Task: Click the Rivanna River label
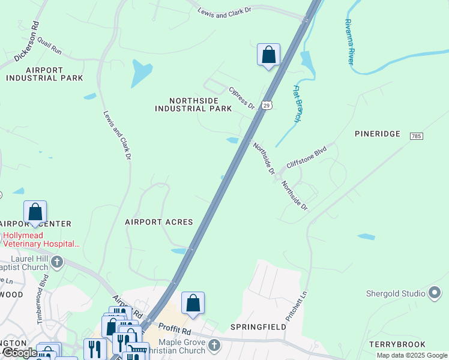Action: point(349,41)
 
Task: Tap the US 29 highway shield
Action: point(268,104)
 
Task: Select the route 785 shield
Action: point(417,137)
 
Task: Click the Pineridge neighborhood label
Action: point(377,134)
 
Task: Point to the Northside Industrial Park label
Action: point(193,105)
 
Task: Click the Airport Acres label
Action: point(159,222)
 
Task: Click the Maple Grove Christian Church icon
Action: point(215,345)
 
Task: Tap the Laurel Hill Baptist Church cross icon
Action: point(57,262)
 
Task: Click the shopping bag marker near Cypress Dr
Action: point(268,55)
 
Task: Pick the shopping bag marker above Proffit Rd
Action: point(193,302)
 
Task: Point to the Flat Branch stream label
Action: point(297,104)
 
